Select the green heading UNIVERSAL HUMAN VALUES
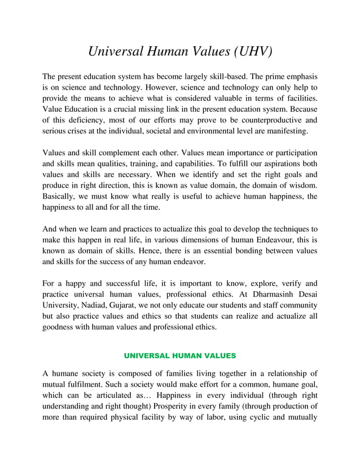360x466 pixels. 179,356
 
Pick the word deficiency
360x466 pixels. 84,120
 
